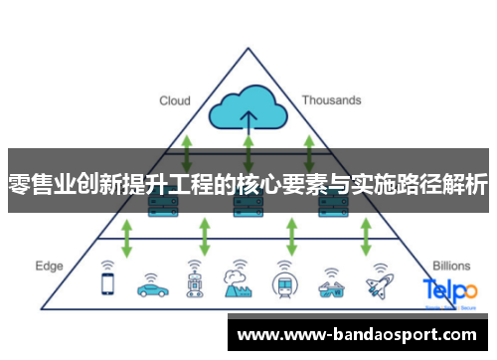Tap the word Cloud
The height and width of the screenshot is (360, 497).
point(176,100)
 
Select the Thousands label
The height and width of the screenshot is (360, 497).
point(331,100)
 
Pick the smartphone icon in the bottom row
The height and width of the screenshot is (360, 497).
point(107,281)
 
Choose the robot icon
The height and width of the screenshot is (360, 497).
point(194,280)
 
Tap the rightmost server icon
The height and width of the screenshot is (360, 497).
point(331,206)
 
